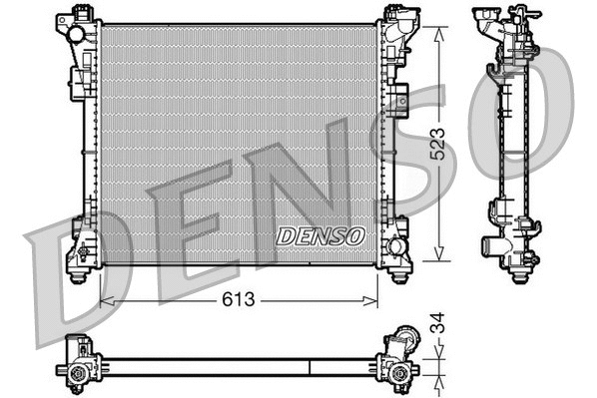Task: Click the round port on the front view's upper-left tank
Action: coord(75,34)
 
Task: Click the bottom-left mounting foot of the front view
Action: coord(79,267)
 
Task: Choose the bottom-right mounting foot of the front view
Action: coord(399,267)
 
